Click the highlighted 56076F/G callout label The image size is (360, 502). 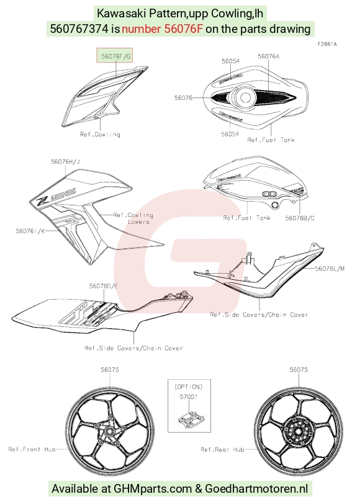coord(115,56)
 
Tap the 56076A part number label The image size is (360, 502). coord(268,56)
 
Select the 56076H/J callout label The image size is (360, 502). coord(65,162)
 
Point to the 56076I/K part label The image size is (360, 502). coord(30,230)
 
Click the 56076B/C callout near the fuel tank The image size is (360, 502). coord(300,218)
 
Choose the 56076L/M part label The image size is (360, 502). coord(330,268)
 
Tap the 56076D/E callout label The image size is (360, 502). coord(104,285)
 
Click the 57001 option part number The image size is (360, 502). coord(189,397)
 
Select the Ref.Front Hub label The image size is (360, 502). coord(32,449)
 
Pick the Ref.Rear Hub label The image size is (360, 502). coord(222,449)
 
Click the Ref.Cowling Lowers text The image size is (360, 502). coord(133,218)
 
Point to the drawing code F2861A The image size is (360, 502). coord(327,44)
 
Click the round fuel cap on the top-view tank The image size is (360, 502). coord(245,97)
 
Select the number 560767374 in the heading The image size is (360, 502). coord(79,29)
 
